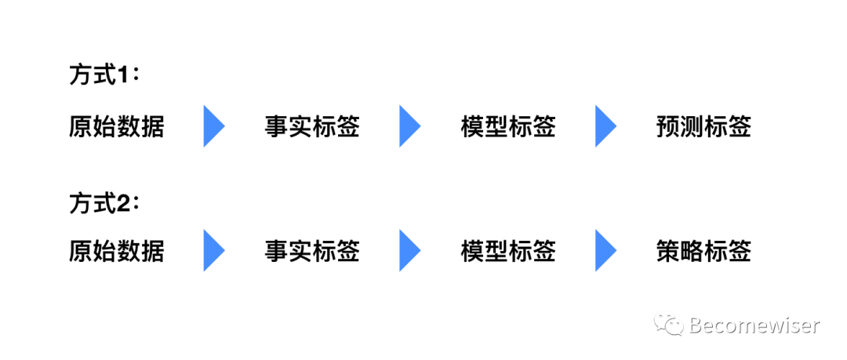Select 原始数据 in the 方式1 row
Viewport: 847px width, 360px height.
[x=117, y=126]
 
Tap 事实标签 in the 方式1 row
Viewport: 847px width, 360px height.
[x=312, y=126]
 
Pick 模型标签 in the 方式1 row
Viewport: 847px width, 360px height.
[x=508, y=126]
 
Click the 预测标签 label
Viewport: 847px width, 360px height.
[x=703, y=126]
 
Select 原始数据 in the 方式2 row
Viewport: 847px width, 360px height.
[x=117, y=251]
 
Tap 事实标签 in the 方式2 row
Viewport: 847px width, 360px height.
[x=312, y=251]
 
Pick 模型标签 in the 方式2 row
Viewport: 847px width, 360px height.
[x=508, y=251]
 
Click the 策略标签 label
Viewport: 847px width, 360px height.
[x=703, y=251]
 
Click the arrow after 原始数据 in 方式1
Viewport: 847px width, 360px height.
[x=213, y=126]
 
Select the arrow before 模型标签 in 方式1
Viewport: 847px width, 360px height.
[x=409, y=126]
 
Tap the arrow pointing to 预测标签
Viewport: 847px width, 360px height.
[x=605, y=126]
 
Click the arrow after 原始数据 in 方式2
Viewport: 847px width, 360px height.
[x=213, y=251]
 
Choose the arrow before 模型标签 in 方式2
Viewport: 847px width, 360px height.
[x=409, y=251]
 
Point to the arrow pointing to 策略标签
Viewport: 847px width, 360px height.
[x=605, y=251]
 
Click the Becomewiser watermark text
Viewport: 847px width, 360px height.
[x=754, y=325]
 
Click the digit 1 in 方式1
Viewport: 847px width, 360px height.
[x=122, y=77]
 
